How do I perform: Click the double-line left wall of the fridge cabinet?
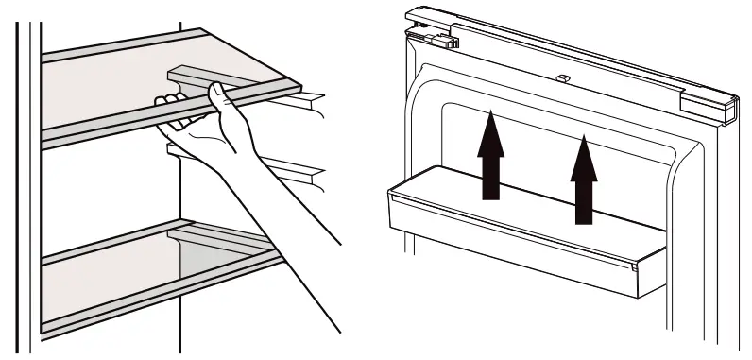coord(32,189)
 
